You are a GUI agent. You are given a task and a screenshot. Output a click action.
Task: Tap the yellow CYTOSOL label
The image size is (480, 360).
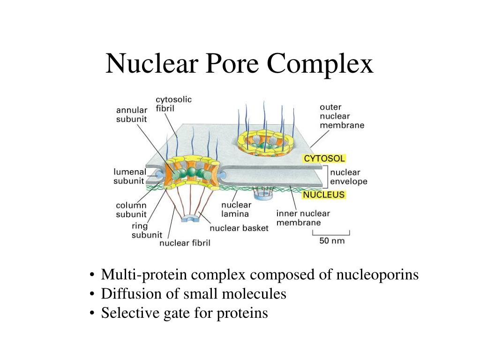324,158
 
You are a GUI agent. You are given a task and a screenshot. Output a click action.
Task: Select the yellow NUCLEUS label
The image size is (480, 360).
324,195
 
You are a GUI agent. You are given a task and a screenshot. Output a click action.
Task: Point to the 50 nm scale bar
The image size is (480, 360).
331,233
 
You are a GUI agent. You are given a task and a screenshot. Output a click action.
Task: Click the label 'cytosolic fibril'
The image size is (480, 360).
173,104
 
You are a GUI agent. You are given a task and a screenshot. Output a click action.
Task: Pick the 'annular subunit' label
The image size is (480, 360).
132,115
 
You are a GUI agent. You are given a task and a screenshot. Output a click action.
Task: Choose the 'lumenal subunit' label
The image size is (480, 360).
130,177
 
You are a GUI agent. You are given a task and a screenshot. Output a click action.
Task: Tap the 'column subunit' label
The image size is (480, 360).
131,210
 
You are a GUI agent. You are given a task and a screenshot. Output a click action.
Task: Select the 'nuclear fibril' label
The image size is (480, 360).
185,243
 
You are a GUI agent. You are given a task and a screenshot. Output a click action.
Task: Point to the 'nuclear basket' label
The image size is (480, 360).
239,228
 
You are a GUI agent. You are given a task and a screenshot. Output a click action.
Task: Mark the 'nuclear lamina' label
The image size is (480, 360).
236,209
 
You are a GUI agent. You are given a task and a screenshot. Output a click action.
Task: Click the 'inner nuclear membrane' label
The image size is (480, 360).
303,218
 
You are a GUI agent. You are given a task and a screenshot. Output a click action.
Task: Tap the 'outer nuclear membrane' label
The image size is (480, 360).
342,116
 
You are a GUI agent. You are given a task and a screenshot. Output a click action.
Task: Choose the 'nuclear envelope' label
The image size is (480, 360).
349,177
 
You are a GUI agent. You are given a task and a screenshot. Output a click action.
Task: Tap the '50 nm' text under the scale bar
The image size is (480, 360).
332,241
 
